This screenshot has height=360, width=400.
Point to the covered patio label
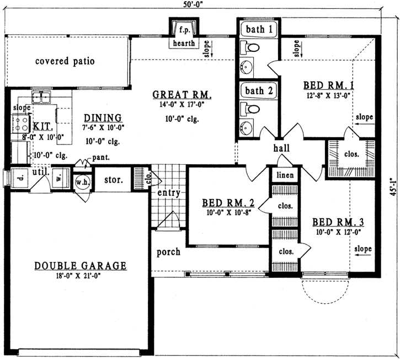(65, 61)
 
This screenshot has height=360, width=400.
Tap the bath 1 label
(258, 29)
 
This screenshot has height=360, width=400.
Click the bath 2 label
(258, 90)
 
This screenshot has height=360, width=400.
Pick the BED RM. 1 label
(328, 85)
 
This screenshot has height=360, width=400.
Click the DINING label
(103, 117)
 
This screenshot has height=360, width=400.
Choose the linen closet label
(285, 175)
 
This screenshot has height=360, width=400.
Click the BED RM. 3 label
(338, 222)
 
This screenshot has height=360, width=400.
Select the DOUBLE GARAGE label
(81, 266)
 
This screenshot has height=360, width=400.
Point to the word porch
(168, 252)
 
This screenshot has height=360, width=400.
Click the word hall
(281, 148)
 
